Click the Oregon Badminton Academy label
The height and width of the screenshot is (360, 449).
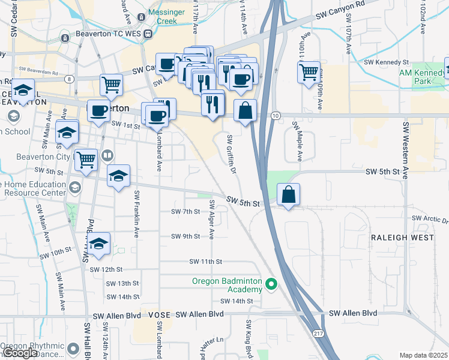[228, 285]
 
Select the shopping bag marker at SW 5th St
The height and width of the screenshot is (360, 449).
[288, 194]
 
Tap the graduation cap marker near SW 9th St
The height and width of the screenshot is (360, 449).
[100, 243]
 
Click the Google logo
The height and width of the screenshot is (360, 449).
[20, 353]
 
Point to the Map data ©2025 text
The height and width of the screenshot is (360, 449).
[423, 355]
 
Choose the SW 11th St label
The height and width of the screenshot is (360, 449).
[206, 262]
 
